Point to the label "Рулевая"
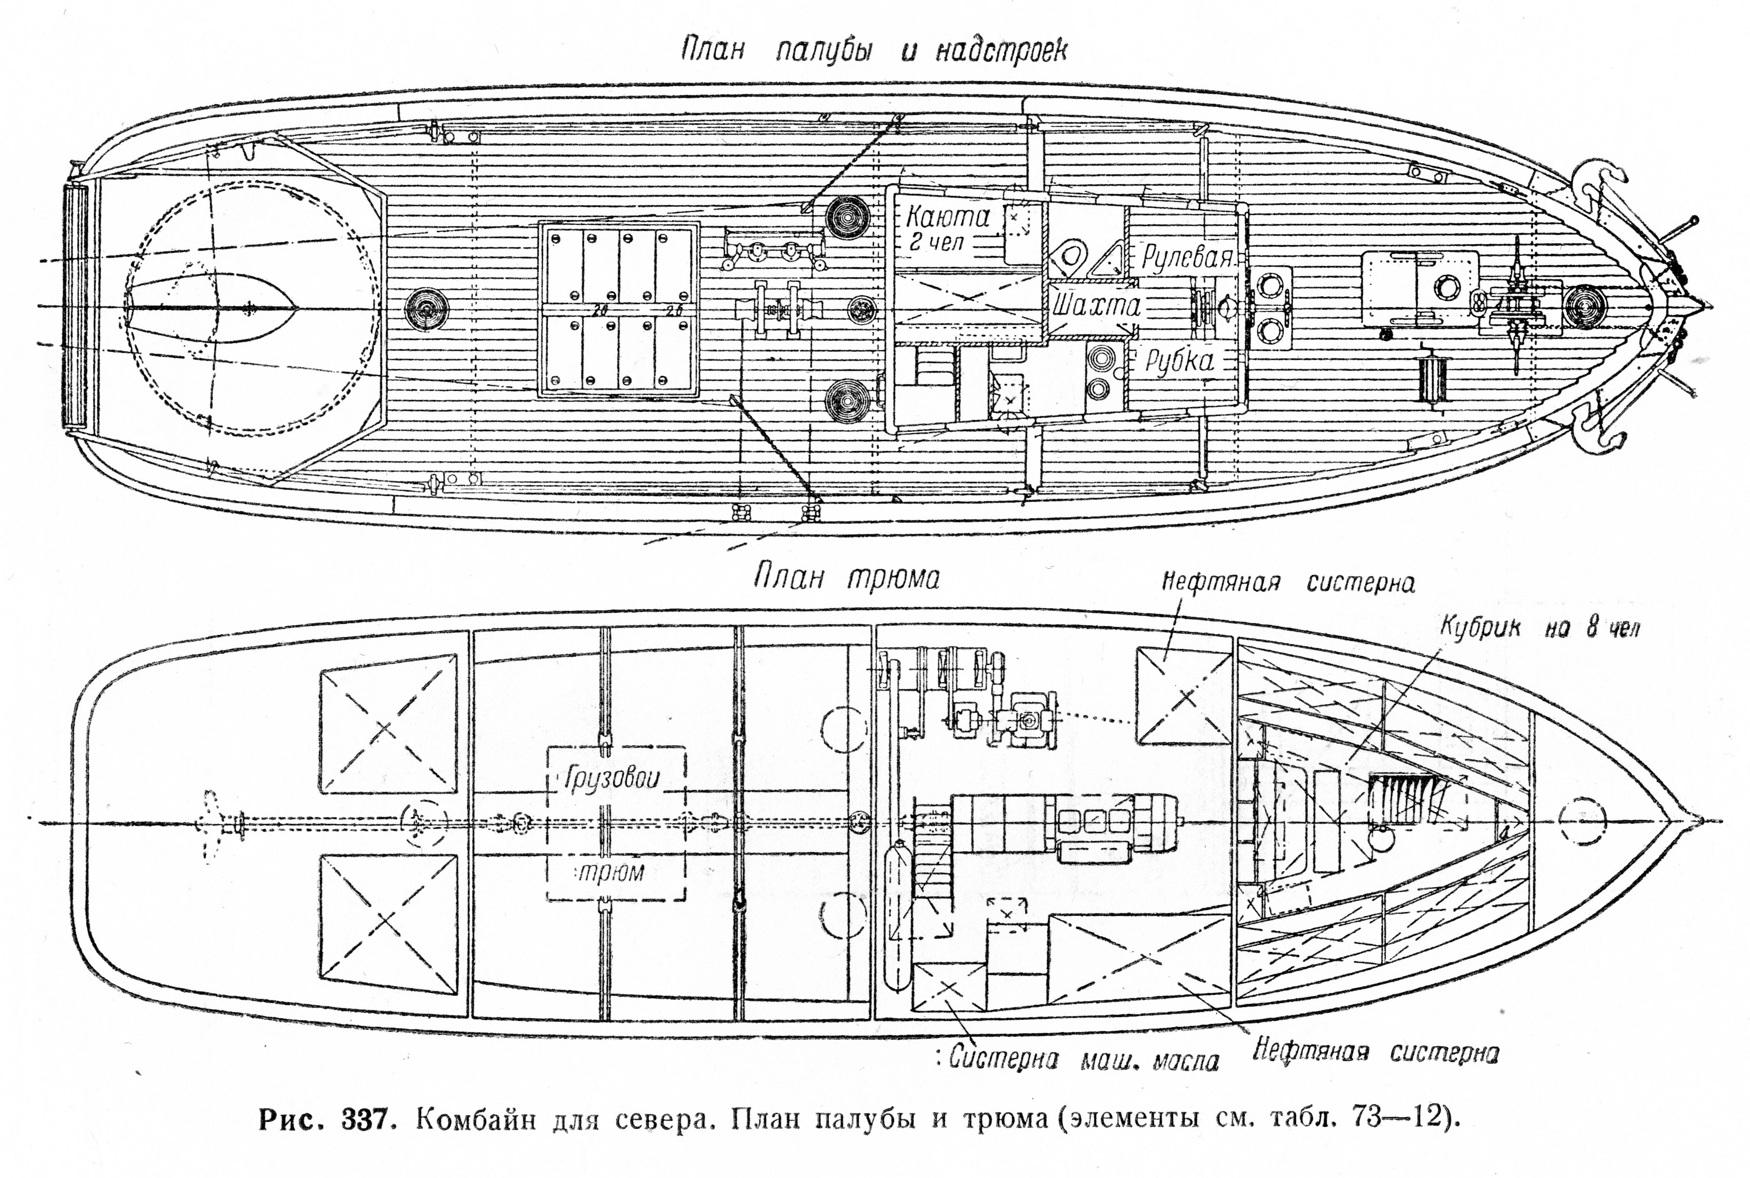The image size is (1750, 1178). point(1187,258)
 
